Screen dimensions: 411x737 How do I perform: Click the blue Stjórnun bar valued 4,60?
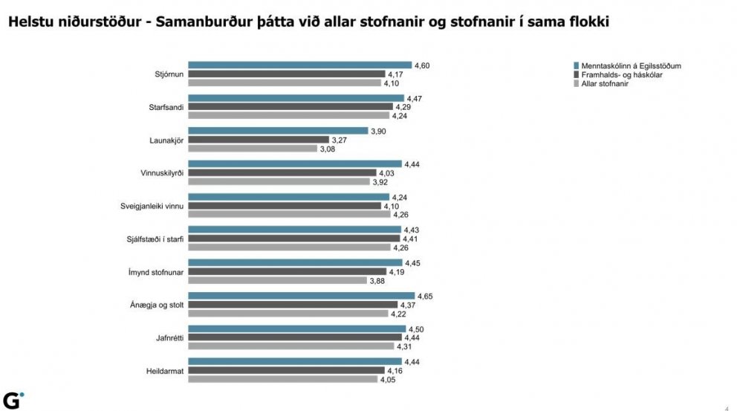tap(299, 65)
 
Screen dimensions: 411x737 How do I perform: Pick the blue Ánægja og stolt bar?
tap(301, 296)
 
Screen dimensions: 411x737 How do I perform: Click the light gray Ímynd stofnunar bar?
tap(277, 280)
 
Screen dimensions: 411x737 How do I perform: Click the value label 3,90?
tap(379, 131)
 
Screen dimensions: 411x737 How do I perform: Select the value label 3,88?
tap(377, 280)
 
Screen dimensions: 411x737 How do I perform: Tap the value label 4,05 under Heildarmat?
tap(388, 379)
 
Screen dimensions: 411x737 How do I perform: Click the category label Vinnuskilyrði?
tap(162, 172)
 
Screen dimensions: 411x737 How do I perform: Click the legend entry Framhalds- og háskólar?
tap(621, 75)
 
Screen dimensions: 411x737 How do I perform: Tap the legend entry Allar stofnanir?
tap(606, 84)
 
